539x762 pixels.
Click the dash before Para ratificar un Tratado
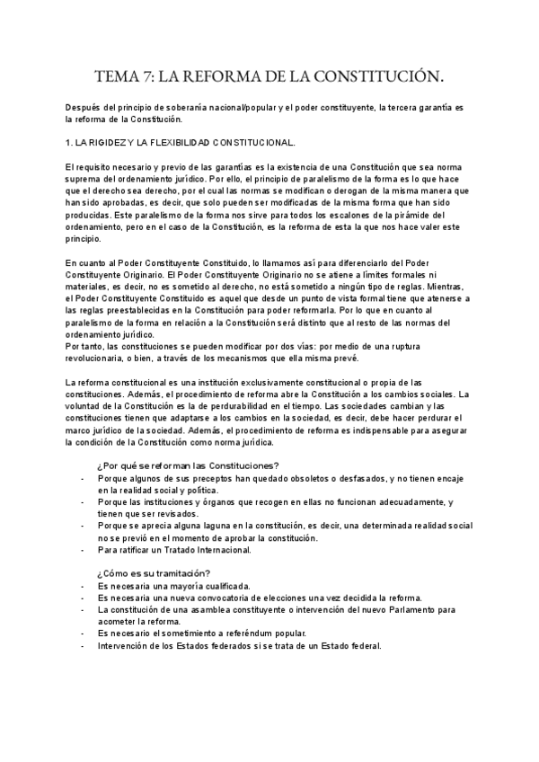[x=82, y=549]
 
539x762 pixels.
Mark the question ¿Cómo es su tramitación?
[x=154, y=573]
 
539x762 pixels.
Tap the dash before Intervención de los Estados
[x=82, y=645]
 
